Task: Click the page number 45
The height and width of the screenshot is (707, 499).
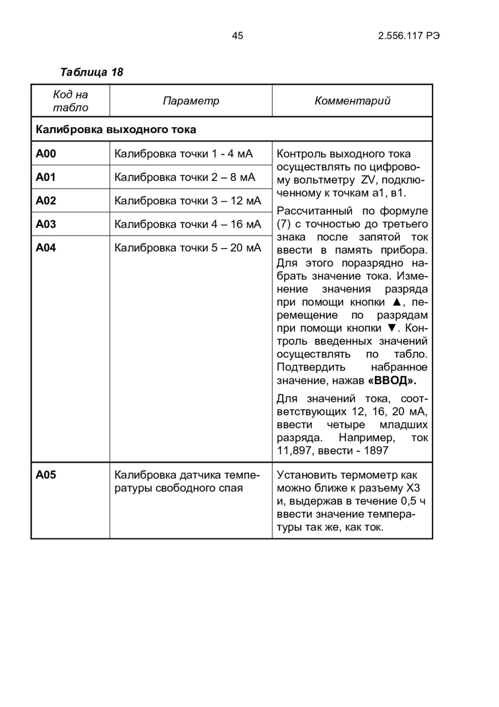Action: tap(237, 36)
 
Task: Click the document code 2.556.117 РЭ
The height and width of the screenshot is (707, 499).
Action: tap(409, 36)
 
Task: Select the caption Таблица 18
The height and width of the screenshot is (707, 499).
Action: tap(91, 72)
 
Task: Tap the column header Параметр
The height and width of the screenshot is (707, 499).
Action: tap(191, 101)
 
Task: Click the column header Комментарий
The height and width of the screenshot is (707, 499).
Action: tap(352, 101)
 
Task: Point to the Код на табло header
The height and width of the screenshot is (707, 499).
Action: tap(70, 101)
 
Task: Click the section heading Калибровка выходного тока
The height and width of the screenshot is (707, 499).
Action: tap(116, 130)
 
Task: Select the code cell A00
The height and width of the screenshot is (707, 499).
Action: tap(46, 154)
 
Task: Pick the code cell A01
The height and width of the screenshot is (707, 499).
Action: tap(46, 177)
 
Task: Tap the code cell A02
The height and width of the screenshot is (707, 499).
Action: tap(46, 201)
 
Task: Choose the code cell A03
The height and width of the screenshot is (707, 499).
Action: tap(46, 224)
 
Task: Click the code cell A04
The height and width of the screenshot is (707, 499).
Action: tap(46, 248)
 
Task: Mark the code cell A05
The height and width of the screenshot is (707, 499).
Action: tap(46, 475)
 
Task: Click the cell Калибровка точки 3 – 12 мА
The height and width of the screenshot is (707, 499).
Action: tap(187, 201)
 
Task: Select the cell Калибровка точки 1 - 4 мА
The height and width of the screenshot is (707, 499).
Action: tap(183, 154)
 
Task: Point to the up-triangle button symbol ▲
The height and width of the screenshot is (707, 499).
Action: tap(396, 302)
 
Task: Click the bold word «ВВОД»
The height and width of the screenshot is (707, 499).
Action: tap(391, 381)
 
